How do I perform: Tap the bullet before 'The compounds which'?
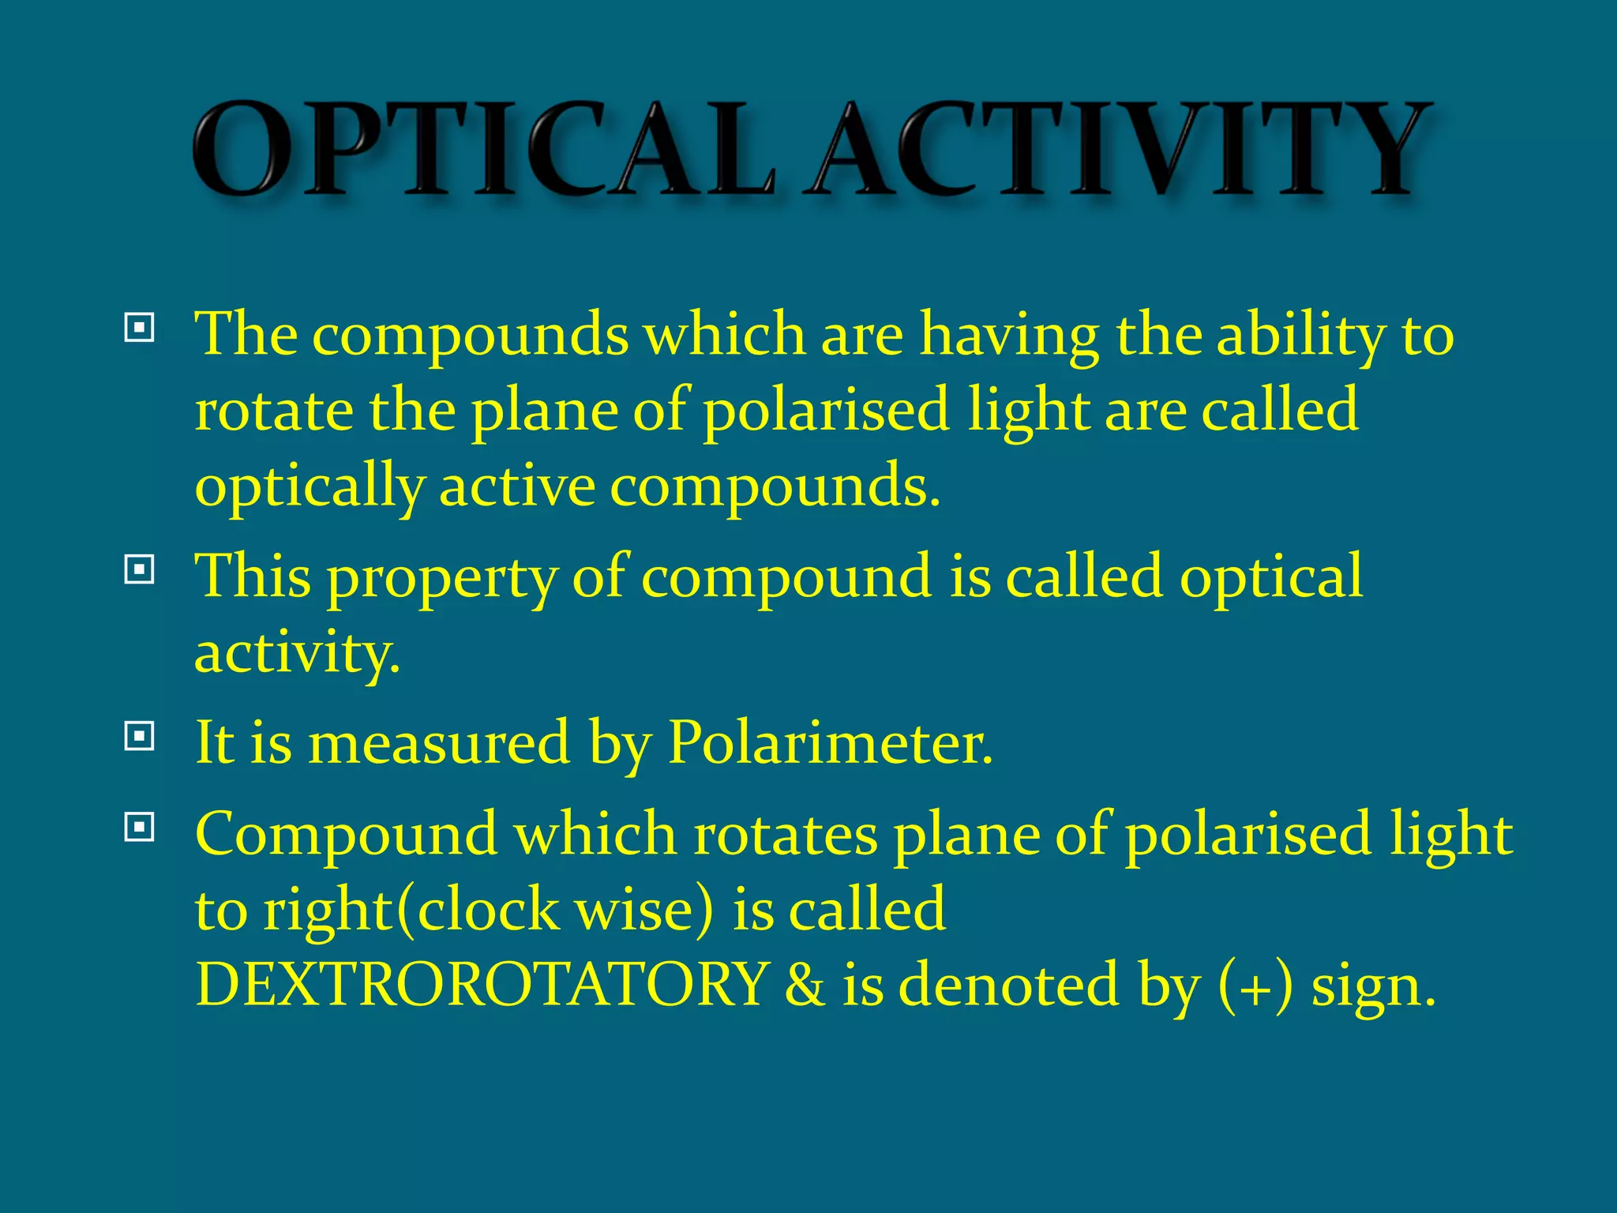tap(139, 327)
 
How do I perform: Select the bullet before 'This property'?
tap(139, 569)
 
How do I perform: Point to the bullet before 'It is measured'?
tap(139, 737)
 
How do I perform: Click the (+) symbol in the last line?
tap(1256, 986)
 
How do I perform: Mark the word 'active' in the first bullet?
tap(517, 485)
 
